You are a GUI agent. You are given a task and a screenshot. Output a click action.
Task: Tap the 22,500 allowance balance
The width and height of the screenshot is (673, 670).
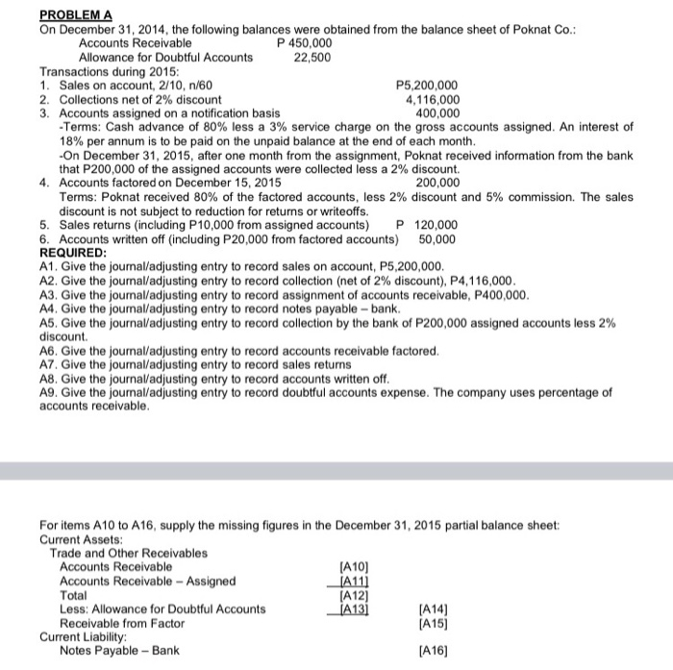point(312,57)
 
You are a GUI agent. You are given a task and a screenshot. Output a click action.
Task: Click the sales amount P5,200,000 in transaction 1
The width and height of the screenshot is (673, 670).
point(428,86)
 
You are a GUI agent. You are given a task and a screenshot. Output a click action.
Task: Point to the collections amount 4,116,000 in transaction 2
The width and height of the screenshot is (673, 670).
point(433,99)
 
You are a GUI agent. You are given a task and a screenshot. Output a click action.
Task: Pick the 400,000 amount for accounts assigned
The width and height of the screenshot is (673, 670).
point(436,112)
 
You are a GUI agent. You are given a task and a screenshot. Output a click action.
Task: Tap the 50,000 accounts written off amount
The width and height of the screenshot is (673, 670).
point(438,238)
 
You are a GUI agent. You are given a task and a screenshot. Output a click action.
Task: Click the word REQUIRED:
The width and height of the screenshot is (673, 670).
point(75,253)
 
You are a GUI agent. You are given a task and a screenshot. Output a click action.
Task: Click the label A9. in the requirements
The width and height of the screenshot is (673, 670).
point(50,393)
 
